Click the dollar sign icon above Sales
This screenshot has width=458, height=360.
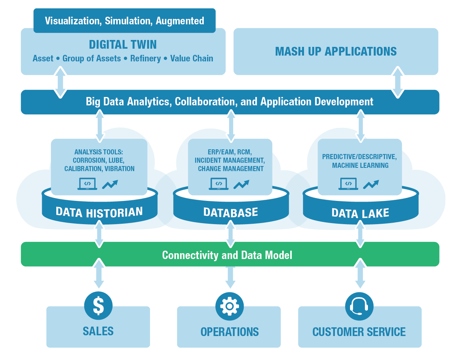(98, 306)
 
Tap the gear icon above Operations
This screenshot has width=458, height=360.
(230, 306)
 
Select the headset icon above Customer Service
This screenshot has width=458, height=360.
(359, 306)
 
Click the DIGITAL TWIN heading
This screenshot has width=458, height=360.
(123, 45)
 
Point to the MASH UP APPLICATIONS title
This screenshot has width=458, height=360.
(336, 52)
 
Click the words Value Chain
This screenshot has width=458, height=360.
(191, 58)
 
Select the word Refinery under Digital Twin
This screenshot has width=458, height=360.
(145, 58)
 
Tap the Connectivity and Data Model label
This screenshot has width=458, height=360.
(227, 255)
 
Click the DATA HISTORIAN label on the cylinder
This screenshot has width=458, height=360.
(99, 212)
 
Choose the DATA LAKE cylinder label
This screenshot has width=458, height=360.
(360, 213)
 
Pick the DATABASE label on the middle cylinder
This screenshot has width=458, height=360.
(231, 213)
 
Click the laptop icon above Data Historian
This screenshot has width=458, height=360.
(87, 184)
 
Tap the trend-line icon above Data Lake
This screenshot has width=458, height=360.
(371, 184)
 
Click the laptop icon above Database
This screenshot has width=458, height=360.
(219, 184)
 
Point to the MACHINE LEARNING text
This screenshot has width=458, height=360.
(360, 166)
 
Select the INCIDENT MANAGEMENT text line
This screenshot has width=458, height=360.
(230, 161)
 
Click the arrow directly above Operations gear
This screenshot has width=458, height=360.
(230, 277)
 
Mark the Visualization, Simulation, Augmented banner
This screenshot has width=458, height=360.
(125, 21)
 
